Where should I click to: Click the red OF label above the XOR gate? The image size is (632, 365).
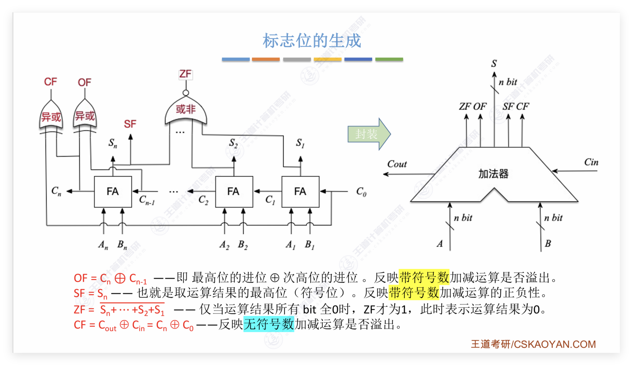pos(85,82)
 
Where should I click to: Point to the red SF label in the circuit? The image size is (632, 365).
pos(130,124)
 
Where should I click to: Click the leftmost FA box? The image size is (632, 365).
pos(113,191)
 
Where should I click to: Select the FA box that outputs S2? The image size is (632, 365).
pos(234,191)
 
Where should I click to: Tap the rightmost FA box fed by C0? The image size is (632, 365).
pos(300,191)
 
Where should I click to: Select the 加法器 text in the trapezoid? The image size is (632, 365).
pos(493,174)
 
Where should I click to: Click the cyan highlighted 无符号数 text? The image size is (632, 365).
pos(269,324)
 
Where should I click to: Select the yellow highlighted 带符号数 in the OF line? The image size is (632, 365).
pos(424,277)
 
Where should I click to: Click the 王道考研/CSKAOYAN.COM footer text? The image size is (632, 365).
pos(533,344)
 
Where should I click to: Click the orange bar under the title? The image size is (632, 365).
pos(266,59)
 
